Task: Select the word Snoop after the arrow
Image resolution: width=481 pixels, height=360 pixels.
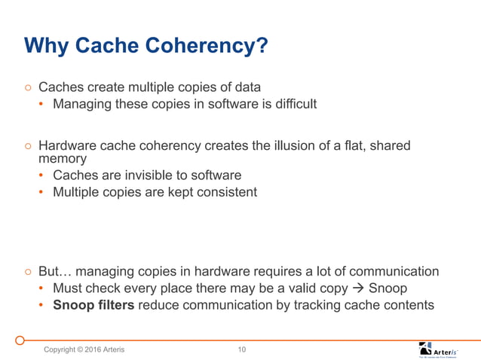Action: [x=388, y=288]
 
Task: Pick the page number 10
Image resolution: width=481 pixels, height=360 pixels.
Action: [x=241, y=349]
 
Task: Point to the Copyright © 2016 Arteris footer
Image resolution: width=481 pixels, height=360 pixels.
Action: [x=84, y=349]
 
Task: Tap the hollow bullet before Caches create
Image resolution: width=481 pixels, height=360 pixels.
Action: [x=27, y=87]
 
